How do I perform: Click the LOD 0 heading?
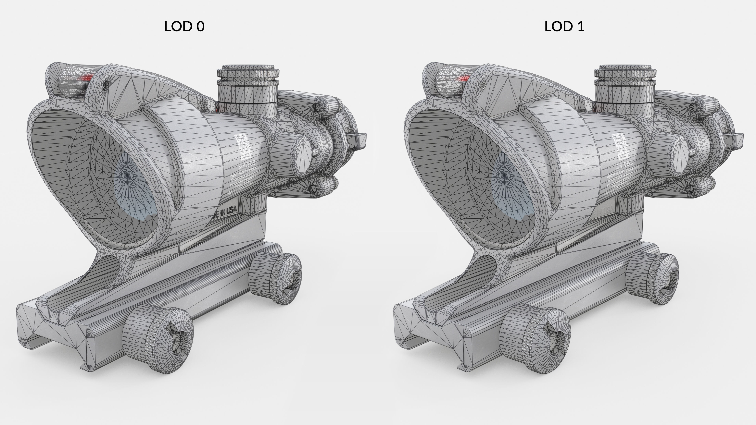coord(184,26)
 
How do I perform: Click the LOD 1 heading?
coord(564,26)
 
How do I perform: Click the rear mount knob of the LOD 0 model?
coord(276,277)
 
